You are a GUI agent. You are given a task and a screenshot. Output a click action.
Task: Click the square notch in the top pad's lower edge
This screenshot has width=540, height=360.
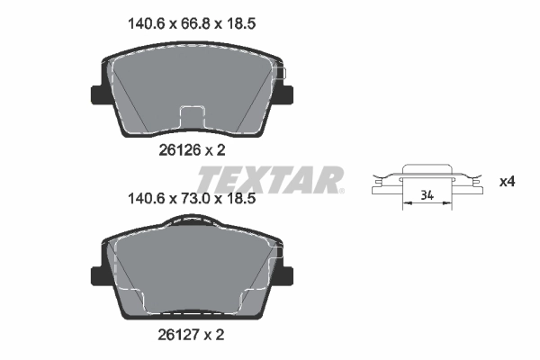point(192,118)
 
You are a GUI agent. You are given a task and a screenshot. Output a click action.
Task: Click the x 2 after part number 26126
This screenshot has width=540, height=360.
point(213,153)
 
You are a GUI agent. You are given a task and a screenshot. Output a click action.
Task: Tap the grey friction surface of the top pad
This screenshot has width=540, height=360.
point(192,85)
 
